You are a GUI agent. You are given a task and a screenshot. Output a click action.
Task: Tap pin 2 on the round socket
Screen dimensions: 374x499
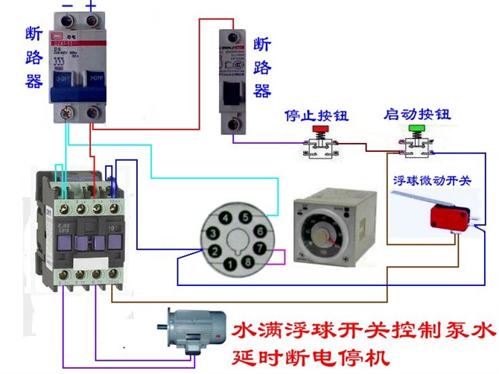pyautogui.click(x=214, y=250)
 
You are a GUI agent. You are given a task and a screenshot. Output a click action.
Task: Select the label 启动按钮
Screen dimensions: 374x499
pyautogui.click(x=417, y=115)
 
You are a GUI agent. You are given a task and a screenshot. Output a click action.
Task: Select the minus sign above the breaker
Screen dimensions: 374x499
pyautogui.click(x=66, y=6)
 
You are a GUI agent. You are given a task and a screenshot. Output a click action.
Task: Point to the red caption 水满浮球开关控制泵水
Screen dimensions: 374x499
pyautogui.click(x=363, y=329)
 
